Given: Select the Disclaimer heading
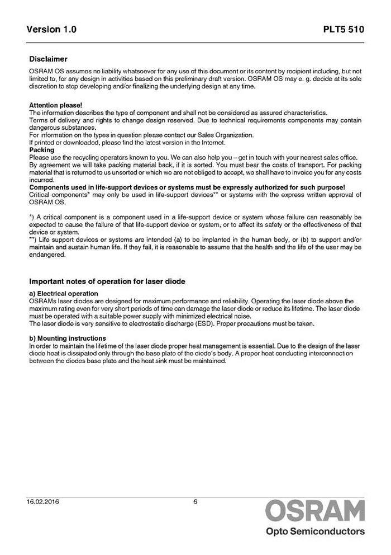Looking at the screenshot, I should tap(48, 59).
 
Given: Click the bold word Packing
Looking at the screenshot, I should tap(41, 150).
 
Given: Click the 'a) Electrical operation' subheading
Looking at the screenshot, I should tap(64, 293).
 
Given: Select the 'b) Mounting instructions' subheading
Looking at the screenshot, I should tap(67, 338).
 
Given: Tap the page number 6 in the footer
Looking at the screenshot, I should tap(195, 502).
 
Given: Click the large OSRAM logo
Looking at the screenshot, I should tap(315, 511).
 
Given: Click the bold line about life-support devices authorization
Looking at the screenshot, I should tap(187, 187).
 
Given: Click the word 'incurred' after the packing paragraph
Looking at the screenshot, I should tap(41, 180).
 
